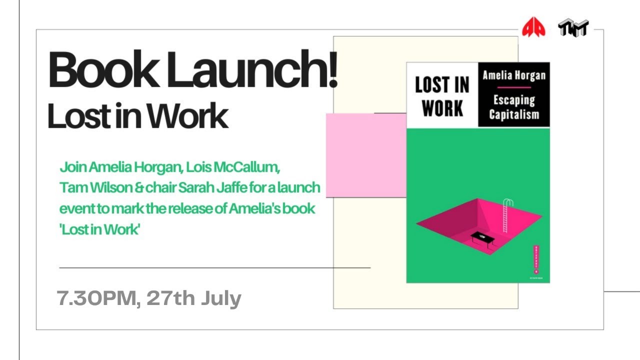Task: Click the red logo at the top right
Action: pyautogui.click(x=533, y=27)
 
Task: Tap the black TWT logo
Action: pyautogui.click(x=573, y=28)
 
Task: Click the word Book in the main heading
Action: pyautogui.click(x=100, y=70)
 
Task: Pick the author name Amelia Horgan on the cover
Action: pyautogui.click(x=513, y=76)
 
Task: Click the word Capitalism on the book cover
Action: pyautogui.click(x=514, y=114)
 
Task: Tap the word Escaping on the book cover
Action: pyautogui.click(x=514, y=100)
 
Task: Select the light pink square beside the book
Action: pyautogui.click(x=365, y=155)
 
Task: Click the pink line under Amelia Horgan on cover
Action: pyautogui.click(x=513, y=87)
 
